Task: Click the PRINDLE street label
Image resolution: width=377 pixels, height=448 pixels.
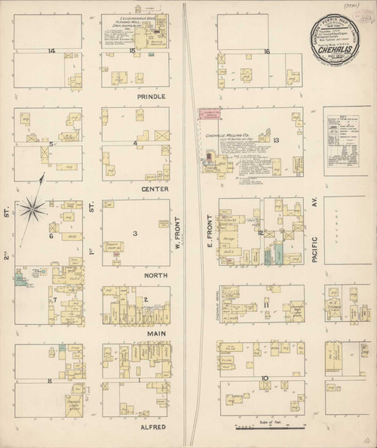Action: click(152, 97)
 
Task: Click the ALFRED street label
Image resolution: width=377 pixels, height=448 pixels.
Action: click(154, 426)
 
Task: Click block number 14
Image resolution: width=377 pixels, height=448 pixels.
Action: click(51, 51)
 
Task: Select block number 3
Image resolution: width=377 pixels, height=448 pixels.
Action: click(135, 233)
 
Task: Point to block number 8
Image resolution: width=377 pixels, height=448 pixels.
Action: click(50, 382)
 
